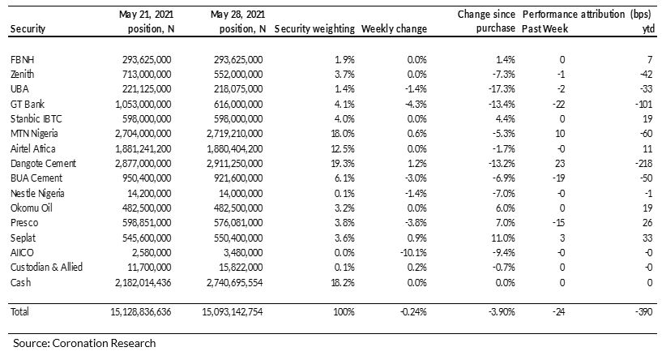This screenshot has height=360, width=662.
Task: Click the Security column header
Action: coord(28,28)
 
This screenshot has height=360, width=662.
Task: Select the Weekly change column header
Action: coord(394,28)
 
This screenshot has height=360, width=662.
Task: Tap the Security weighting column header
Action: coord(314,28)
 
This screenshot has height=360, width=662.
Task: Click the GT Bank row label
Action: coord(28,104)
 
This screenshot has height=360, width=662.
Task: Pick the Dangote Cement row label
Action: coord(43,164)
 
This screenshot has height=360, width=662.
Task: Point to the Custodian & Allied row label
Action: coord(46,268)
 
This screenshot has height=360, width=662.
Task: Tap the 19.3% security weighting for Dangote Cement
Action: coord(344,164)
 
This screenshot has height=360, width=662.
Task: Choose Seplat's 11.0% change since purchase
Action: coord(503,238)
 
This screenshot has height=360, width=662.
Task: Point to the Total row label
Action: coord(19,312)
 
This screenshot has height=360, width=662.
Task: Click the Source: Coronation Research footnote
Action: coord(84,343)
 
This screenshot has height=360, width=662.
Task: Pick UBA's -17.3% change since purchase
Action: coord(504,89)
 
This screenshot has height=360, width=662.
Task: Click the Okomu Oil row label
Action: coord(32,208)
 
